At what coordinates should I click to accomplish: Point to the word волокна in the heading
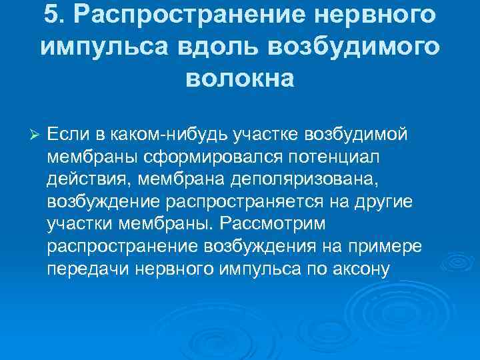239,79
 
